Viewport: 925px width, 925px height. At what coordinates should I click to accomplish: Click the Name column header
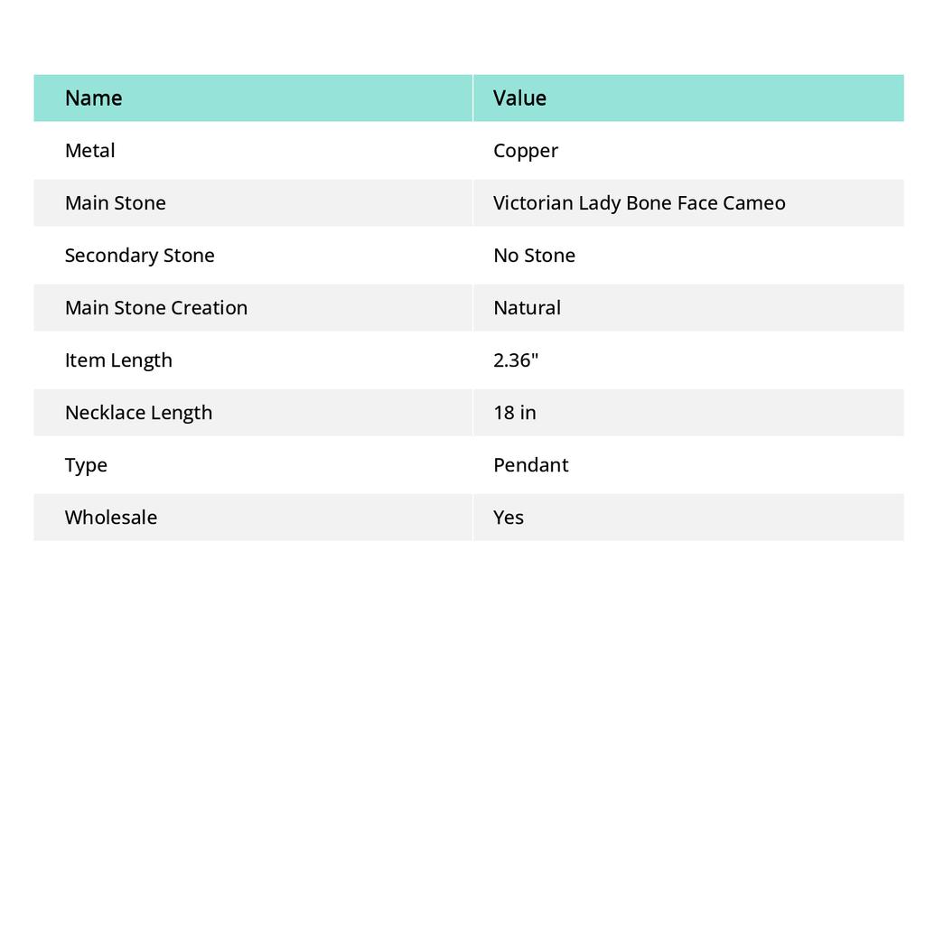(93, 98)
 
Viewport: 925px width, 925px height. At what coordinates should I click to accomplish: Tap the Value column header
(519, 98)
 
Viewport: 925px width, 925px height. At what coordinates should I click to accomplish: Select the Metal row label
(89, 150)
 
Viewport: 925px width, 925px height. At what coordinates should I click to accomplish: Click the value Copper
(526, 151)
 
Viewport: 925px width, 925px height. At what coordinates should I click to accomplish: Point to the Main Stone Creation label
(155, 307)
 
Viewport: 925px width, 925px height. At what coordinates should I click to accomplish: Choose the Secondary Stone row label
(139, 255)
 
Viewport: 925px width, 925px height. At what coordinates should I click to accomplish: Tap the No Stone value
(534, 255)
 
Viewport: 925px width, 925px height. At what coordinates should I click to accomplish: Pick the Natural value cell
(527, 307)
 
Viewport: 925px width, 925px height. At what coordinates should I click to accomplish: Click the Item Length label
(118, 360)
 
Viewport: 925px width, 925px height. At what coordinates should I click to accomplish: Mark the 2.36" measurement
(516, 360)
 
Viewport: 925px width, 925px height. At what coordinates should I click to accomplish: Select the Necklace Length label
(138, 412)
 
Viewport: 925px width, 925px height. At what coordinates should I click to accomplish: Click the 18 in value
(514, 412)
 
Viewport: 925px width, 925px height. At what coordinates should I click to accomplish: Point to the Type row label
(86, 464)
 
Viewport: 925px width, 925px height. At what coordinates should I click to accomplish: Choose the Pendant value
(530, 464)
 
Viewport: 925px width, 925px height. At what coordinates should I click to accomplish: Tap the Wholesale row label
(110, 517)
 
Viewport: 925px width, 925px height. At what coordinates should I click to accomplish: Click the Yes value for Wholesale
(509, 517)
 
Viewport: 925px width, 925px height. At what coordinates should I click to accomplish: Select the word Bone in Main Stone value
(649, 202)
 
